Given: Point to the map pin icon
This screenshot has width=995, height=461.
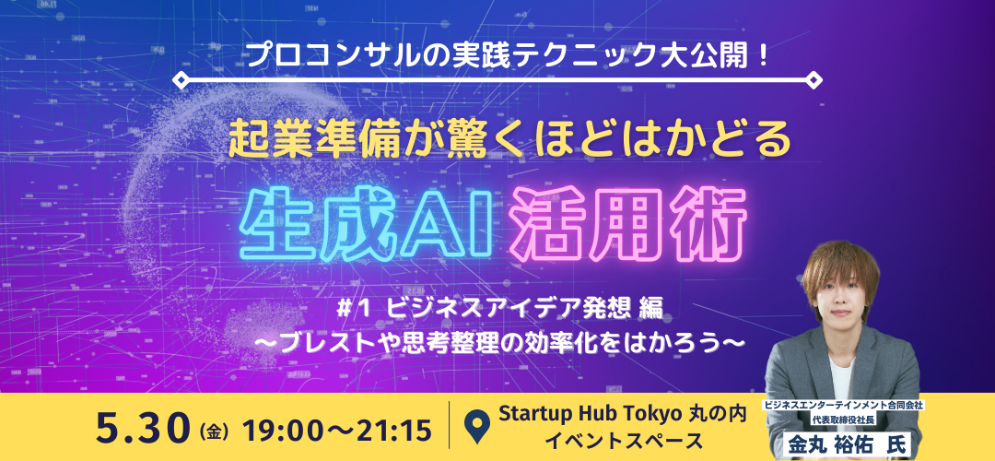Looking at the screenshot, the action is [476, 427].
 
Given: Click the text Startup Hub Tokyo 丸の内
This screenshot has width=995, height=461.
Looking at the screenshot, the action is [622, 414].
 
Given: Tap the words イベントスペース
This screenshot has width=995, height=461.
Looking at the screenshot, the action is [623, 440].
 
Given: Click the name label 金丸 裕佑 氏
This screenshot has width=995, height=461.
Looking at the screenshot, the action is [843, 443].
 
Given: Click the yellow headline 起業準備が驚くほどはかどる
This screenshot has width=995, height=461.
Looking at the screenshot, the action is [510, 142].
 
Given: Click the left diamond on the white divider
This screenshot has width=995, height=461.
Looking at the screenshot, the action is [181, 80].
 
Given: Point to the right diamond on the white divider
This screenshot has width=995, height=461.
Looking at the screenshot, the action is [814, 80].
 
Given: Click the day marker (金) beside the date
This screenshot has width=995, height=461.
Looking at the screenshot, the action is [213, 431].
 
